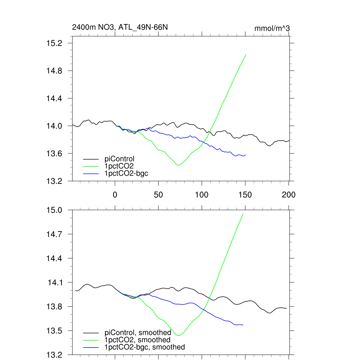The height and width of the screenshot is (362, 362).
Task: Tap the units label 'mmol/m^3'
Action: (272, 28)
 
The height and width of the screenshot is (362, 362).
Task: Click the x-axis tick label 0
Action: (115, 194)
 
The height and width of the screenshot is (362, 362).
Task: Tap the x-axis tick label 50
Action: (158, 194)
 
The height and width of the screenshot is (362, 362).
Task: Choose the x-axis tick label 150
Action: (245, 194)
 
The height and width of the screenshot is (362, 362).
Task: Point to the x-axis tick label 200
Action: (289, 194)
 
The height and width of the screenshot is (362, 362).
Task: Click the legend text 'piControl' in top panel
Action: (119, 159)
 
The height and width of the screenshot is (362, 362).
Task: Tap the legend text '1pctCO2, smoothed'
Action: (138, 340)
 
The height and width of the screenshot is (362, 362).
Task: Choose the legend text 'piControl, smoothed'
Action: (138, 333)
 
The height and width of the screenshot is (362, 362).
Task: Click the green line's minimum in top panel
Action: (178, 165)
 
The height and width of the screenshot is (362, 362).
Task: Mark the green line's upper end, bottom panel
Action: (243, 214)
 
